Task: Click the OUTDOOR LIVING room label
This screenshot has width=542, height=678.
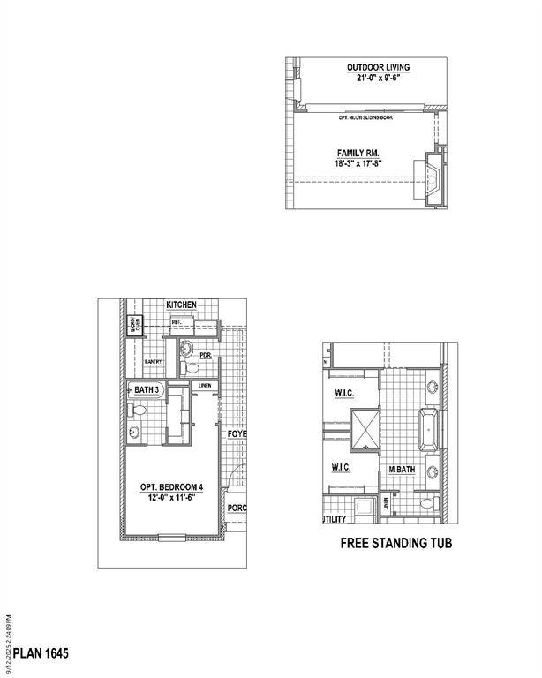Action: pyautogui.click(x=378, y=67)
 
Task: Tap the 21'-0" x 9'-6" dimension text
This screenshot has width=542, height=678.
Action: pyautogui.click(x=378, y=78)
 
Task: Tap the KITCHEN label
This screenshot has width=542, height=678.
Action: pyautogui.click(x=181, y=305)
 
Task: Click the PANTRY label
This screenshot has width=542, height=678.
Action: pyautogui.click(x=152, y=361)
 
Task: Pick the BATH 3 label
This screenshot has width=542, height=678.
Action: pyautogui.click(x=147, y=389)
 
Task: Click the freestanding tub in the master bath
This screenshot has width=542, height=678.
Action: pyautogui.click(x=430, y=430)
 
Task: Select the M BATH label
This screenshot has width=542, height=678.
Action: pyautogui.click(x=403, y=471)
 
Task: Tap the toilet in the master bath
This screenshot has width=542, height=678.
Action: pyautogui.click(x=426, y=504)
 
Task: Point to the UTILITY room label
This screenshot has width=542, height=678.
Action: pyautogui.click(x=334, y=520)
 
